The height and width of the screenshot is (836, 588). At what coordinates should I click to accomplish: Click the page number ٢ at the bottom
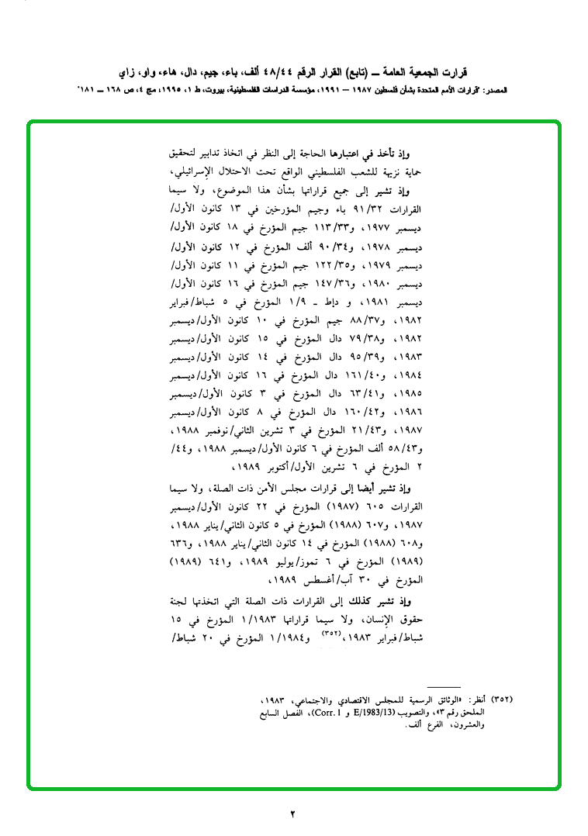pyautogui.click(x=293, y=814)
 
